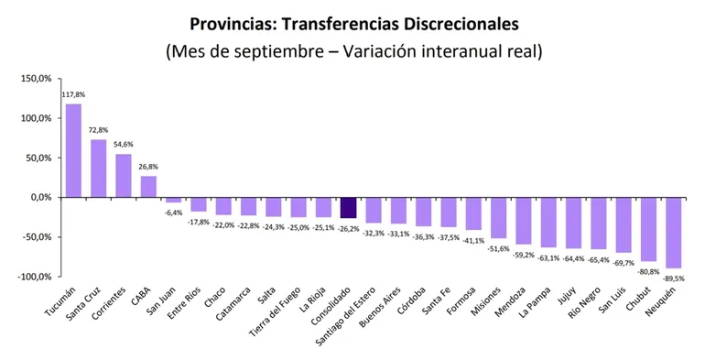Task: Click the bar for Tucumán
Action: pos(73,150)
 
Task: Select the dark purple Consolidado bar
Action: pos(348,208)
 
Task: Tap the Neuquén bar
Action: pos(673,233)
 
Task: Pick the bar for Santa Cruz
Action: pos(98,169)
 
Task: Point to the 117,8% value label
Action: pos(73,94)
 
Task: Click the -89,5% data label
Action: pos(674,278)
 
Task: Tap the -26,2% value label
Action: pos(349,228)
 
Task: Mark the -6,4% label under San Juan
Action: pos(173,213)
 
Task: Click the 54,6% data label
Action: pos(124,145)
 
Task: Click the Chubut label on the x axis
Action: pos(635,300)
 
